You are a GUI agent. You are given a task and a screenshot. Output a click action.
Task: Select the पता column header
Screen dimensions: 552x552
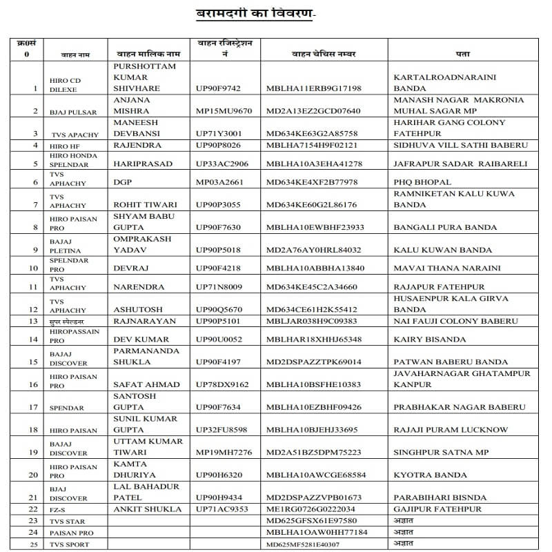(463, 54)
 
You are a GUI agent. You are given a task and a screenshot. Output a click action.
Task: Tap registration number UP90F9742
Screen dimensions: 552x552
(218, 89)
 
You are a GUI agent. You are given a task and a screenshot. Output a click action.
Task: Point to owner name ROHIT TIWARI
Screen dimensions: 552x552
(145, 205)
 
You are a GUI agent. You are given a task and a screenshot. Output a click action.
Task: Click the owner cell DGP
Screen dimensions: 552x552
(123, 182)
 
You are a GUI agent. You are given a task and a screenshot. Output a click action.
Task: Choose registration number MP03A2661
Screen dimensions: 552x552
(221, 182)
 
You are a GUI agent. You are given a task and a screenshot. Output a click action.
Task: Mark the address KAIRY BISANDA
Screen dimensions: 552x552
(427, 339)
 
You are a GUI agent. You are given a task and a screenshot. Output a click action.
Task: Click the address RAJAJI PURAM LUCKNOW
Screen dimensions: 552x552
(451, 430)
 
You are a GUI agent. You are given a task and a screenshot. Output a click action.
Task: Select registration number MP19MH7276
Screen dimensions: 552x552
(224, 453)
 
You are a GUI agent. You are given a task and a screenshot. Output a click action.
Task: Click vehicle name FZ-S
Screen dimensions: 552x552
(58, 510)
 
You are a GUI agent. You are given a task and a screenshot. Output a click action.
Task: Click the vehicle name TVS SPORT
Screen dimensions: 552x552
(68, 545)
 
